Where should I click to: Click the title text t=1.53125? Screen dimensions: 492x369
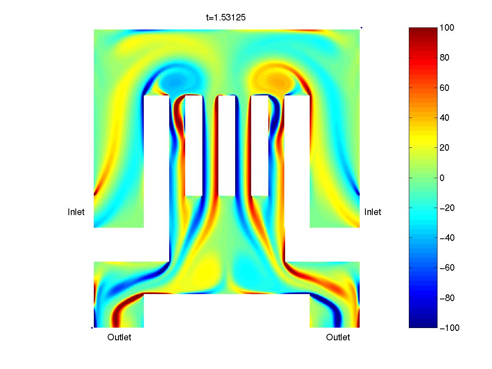tap(225, 18)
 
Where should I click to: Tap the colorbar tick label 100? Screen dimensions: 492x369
tap(447, 27)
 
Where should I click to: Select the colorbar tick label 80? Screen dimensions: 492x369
tap(444, 58)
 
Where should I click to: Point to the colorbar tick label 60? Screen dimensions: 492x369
tap(444, 88)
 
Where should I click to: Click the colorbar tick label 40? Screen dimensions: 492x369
tap(444, 118)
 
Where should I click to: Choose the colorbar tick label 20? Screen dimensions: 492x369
tap(444, 148)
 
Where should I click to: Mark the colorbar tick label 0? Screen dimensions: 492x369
tap(442, 178)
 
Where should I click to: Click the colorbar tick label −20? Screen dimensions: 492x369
tap(447, 208)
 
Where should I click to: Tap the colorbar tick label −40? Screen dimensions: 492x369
tap(447, 238)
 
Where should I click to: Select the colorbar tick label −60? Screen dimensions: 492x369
tap(447, 268)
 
